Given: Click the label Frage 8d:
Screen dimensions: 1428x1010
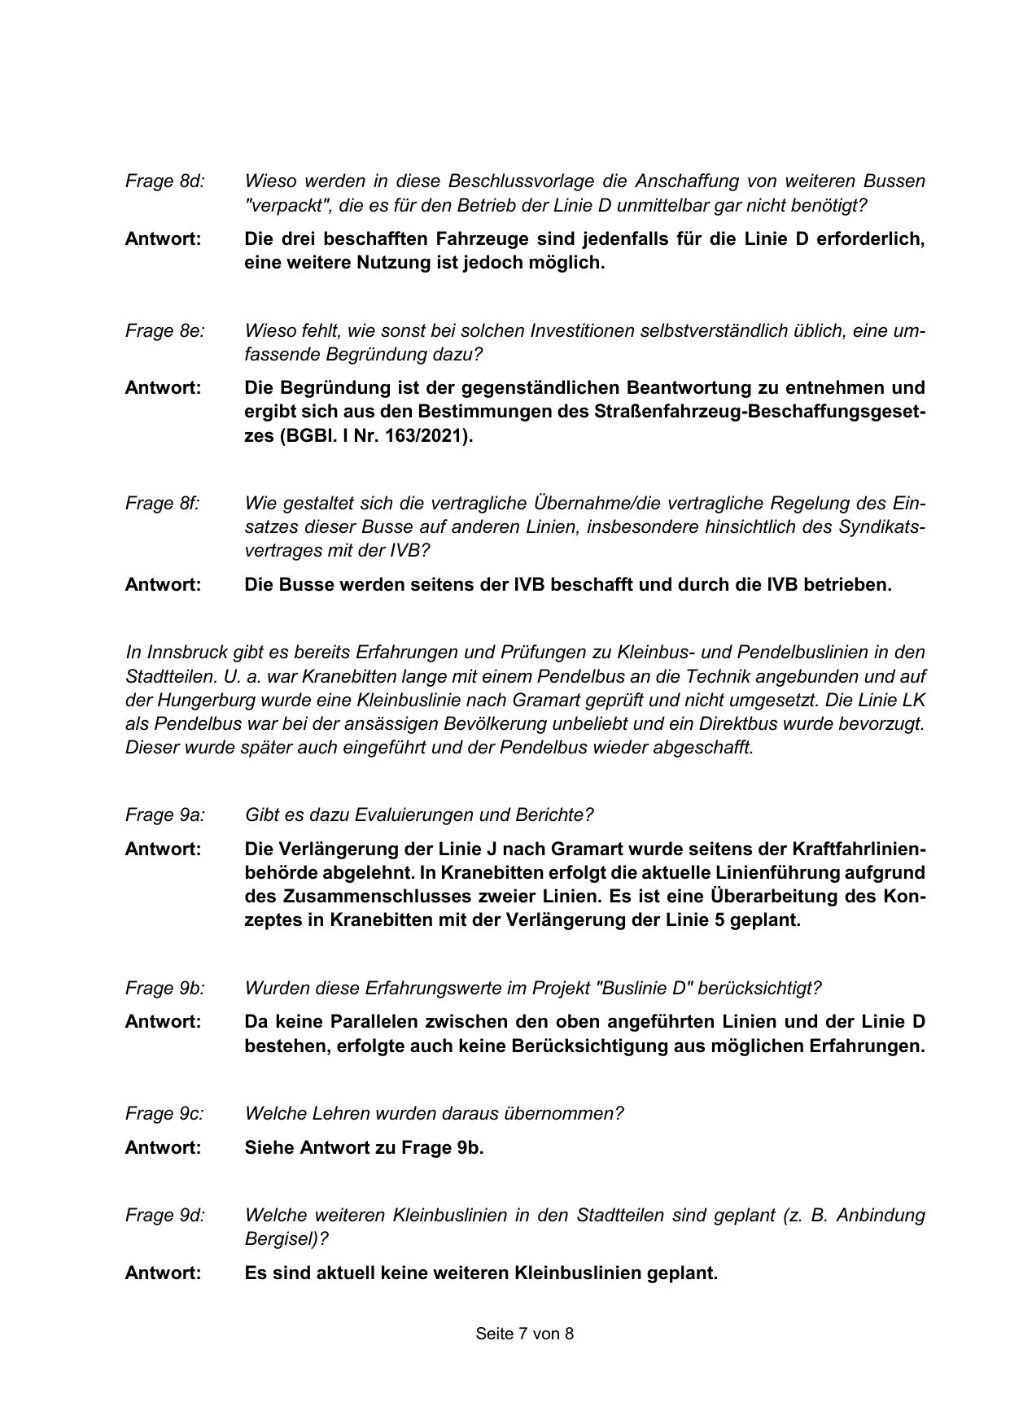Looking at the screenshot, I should [164, 181].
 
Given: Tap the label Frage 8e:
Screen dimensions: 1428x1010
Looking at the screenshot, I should [164, 330].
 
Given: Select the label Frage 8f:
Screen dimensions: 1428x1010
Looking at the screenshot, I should [162, 503].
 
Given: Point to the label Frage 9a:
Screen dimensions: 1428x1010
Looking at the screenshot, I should [164, 814].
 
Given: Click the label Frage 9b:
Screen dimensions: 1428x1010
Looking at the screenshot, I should [164, 988].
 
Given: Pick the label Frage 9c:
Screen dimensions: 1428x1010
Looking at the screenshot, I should [164, 1113].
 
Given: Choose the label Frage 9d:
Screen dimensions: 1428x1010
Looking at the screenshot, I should [164, 1215].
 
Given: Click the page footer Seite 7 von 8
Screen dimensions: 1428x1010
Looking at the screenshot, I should [525, 1334].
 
